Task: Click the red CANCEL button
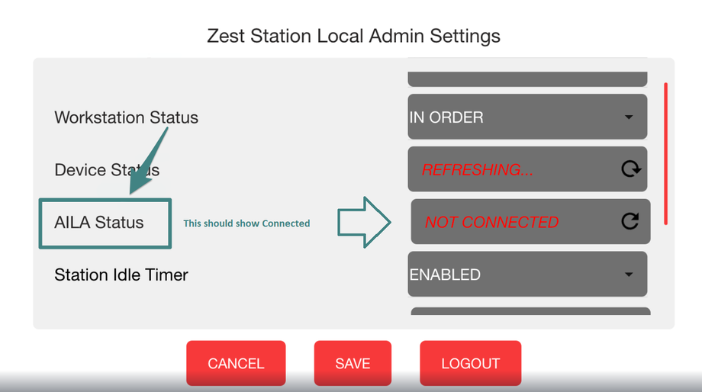[x=236, y=363]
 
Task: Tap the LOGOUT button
[x=470, y=363]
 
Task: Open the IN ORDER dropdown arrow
[x=629, y=117]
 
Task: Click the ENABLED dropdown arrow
[x=629, y=275]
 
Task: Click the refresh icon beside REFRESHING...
[x=631, y=169]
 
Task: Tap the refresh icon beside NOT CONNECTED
[x=630, y=221]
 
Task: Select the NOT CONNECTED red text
[x=491, y=222]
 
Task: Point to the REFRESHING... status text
[x=477, y=169]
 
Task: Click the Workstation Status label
[x=126, y=117]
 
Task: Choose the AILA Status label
[x=99, y=222]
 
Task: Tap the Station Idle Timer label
[x=121, y=275]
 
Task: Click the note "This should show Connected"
[x=246, y=223]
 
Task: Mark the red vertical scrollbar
[x=666, y=153]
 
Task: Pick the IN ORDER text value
[x=446, y=117]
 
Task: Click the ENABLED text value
[x=445, y=275]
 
